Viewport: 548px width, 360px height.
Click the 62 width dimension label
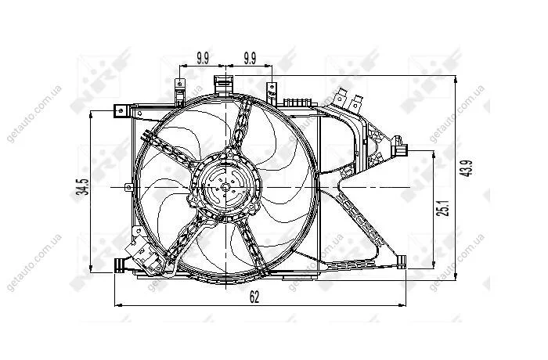(254, 297)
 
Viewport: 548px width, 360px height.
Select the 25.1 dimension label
(444, 208)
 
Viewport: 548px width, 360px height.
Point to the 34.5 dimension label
(84, 186)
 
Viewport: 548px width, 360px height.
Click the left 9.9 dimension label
(203, 58)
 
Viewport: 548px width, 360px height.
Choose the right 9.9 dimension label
(250, 58)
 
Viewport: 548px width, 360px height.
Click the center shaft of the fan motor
(225, 187)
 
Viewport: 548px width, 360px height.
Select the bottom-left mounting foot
(120, 265)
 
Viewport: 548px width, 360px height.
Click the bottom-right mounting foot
(402, 261)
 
